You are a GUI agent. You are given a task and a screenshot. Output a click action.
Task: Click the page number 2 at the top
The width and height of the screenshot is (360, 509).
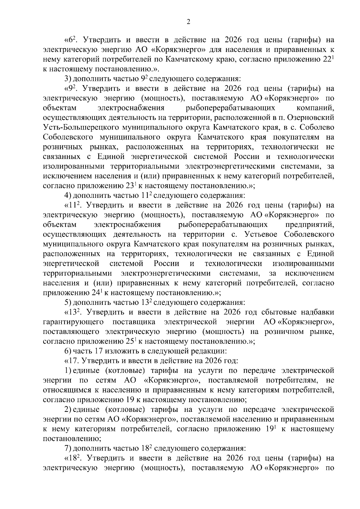point(188,22)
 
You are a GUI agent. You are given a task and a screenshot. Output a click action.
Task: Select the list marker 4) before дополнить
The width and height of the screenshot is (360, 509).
point(67,196)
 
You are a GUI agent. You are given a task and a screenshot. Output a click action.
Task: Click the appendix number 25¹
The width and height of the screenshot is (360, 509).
point(131,341)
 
